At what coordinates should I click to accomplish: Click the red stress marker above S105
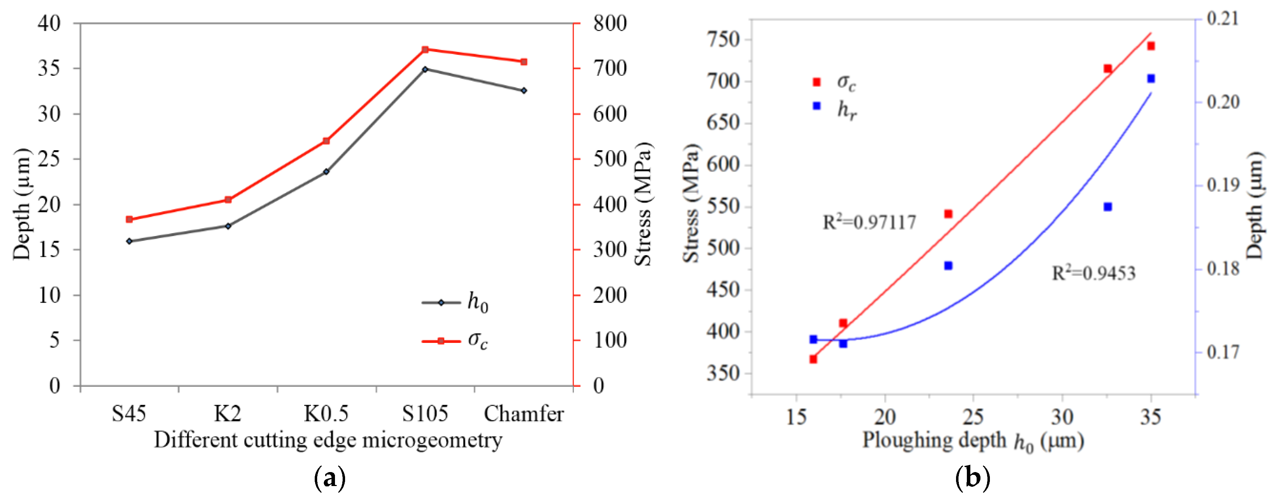tap(425, 50)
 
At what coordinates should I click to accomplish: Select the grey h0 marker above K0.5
tap(326, 171)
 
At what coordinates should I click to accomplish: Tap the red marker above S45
tap(129, 219)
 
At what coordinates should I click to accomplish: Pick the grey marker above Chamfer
tap(524, 91)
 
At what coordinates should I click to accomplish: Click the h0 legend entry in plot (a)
tap(456, 302)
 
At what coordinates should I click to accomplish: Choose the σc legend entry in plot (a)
tap(456, 340)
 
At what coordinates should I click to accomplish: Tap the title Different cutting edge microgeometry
tap(328, 440)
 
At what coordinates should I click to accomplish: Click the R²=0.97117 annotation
tap(869, 222)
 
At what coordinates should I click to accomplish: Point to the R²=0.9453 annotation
tap(1093, 273)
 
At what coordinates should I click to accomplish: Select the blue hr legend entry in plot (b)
tap(835, 108)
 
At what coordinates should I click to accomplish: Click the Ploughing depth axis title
tap(972, 441)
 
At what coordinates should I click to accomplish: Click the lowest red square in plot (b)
tap(813, 359)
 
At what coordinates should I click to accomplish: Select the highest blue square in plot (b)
tap(1151, 78)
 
